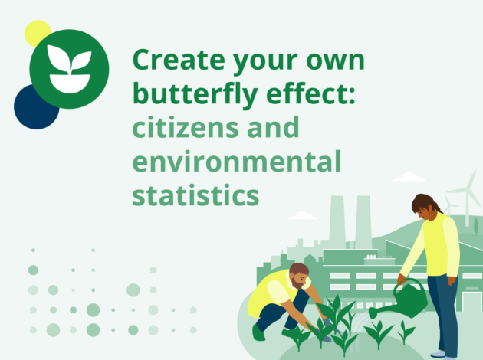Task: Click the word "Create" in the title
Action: (179, 60)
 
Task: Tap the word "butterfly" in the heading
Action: (195, 94)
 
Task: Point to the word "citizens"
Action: (186, 126)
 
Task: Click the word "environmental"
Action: (237, 161)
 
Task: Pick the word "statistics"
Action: (196, 195)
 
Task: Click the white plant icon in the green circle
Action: (70, 69)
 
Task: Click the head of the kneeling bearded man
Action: (299, 276)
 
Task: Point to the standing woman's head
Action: (424, 207)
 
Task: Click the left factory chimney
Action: (337, 221)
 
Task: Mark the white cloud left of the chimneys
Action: (302, 215)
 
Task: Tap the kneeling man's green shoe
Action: (258, 333)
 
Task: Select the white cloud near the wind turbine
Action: (409, 177)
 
